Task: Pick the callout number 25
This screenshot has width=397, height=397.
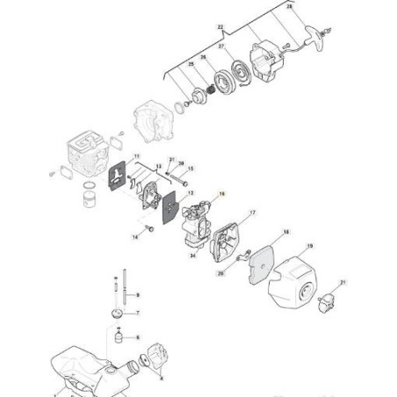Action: (x=192, y=64)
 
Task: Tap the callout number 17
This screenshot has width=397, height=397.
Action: (x=253, y=213)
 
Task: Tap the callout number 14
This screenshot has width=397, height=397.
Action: (x=135, y=237)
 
